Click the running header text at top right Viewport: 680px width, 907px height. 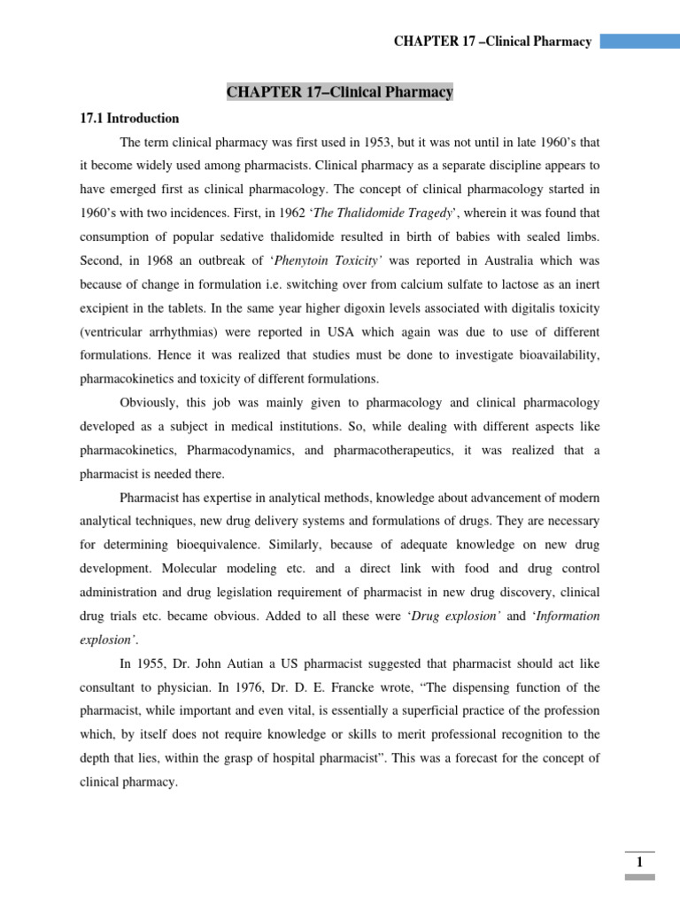click(x=492, y=42)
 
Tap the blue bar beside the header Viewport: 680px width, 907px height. click(x=639, y=42)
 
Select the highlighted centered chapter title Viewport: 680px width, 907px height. click(x=340, y=92)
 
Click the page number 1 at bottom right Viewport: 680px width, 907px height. click(x=639, y=863)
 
